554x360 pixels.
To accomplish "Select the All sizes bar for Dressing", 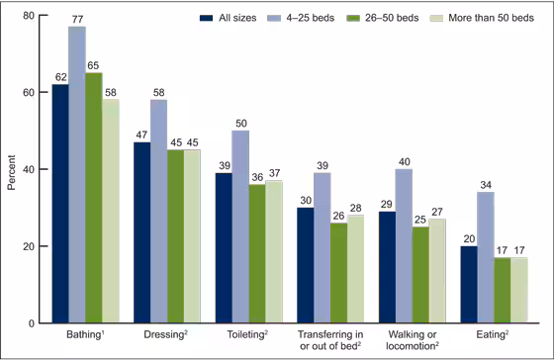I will [141, 232].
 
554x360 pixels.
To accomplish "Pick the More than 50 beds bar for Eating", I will [520, 291].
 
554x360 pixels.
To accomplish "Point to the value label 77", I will [76, 19].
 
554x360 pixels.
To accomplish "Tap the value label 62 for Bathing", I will [59, 76].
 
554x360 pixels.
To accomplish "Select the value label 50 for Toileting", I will [240, 123].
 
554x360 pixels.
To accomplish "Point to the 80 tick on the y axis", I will [30, 16].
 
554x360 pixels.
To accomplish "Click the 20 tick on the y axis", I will [30, 246].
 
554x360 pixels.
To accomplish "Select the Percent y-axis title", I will [11, 169].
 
